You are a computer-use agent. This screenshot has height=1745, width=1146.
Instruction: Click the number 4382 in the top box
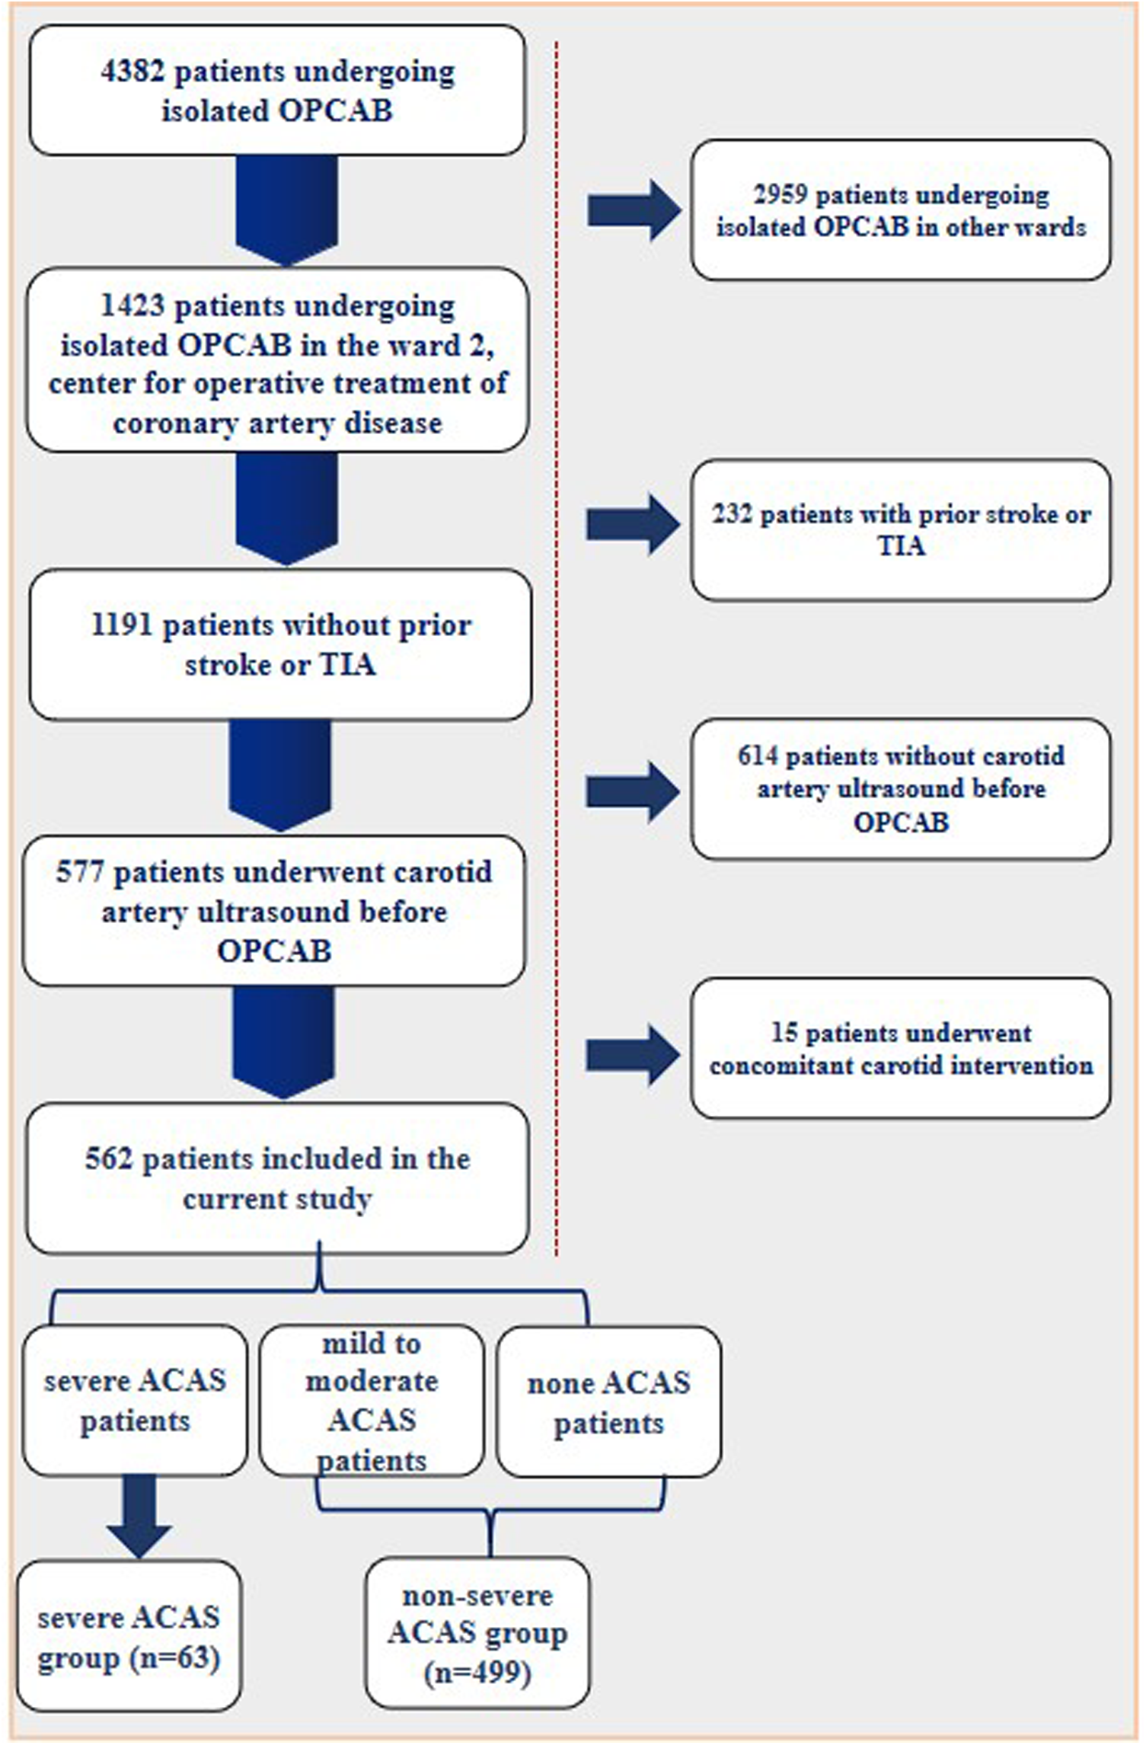(x=131, y=72)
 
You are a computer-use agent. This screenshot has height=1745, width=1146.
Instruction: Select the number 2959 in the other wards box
(x=779, y=195)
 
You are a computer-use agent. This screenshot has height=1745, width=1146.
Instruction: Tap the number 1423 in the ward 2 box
(x=132, y=306)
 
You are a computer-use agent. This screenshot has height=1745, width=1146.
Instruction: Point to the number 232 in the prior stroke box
(x=732, y=514)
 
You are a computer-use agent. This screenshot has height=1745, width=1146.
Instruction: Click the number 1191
(x=122, y=625)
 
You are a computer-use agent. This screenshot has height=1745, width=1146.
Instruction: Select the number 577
(x=80, y=872)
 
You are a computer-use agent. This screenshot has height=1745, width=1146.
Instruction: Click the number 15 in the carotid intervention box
(x=784, y=1033)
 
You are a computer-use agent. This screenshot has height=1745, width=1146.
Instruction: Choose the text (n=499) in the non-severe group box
(x=477, y=1673)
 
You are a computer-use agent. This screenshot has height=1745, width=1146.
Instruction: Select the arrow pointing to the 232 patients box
(x=632, y=524)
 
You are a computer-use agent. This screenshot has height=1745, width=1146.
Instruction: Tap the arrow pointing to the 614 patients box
(x=632, y=792)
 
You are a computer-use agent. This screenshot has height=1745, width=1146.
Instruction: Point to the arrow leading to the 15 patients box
(x=632, y=1054)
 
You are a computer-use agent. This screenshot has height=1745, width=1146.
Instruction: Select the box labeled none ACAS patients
(x=608, y=1402)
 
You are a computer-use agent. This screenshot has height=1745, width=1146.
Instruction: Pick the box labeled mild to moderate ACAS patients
(x=372, y=1402)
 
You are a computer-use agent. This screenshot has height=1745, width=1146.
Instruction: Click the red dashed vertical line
(x=557, y=609)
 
